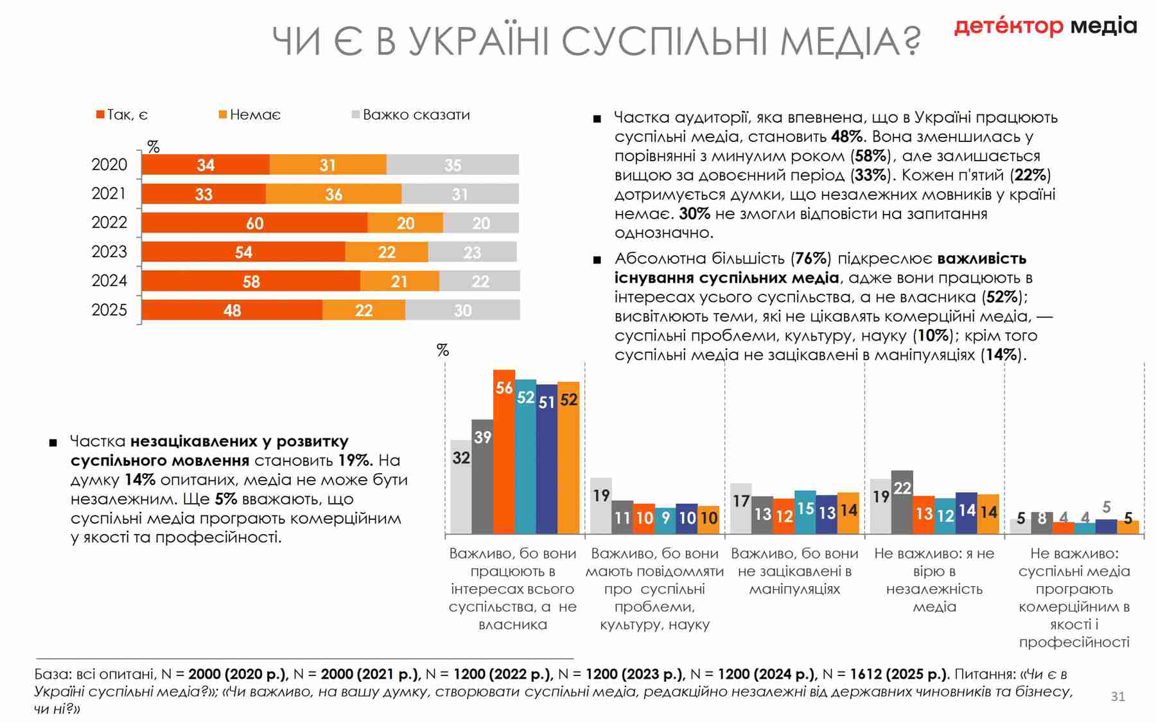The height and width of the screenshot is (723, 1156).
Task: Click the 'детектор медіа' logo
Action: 1045,26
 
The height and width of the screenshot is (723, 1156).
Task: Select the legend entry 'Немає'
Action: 250,115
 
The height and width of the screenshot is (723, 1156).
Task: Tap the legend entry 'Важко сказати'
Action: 411,115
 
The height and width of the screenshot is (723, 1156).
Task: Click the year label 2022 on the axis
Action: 109,223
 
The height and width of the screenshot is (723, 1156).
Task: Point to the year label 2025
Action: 109,310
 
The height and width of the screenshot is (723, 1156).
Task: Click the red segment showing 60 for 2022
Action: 254,223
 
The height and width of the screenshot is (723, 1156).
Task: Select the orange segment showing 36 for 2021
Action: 333,194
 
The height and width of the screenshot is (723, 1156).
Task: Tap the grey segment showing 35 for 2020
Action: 452,165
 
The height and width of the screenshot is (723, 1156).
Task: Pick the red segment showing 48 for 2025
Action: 232,310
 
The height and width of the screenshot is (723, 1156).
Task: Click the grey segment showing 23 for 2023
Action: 472,252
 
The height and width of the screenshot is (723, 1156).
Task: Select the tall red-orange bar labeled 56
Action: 504,451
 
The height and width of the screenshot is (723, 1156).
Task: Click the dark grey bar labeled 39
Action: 482,476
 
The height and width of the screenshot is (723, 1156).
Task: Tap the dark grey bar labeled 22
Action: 902,501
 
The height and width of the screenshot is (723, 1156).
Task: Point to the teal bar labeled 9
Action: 665,521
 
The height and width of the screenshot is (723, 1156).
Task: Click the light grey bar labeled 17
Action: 741,508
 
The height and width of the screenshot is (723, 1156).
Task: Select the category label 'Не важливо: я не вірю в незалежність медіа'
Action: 934,580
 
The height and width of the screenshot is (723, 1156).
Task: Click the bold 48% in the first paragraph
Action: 846,137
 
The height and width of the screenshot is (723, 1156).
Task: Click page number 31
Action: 1117,697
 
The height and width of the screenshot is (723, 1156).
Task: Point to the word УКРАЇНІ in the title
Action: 478,42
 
